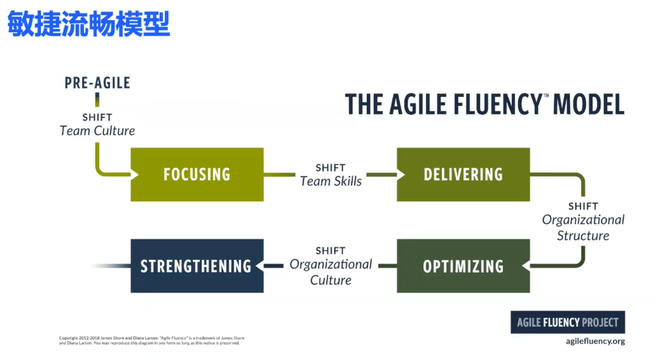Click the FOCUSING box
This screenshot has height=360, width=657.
click(x=196, y=174)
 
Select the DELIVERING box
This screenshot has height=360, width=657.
click(x=463, y=174)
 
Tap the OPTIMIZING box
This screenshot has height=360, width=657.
click(x=463, y=266)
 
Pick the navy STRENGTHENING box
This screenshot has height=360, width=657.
click(x=196, y=266)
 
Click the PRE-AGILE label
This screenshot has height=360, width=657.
click(x=97, y=83)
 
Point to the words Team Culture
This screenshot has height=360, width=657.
click(x=97, y=130)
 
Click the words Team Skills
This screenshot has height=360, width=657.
click(x=330, y=181)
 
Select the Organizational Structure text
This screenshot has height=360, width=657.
click(x=583, y=228)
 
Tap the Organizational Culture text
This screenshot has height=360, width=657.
click(x=330, y=272)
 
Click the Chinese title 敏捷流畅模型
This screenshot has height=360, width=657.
click(x=89, y=25)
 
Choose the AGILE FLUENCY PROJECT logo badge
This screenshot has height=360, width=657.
click(x=567, y=322)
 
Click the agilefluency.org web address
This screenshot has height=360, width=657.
click(x=595, y=341)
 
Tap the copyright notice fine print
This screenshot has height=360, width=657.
click(x=152, y=340)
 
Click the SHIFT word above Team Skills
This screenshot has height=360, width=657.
click(x=330, y=168)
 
